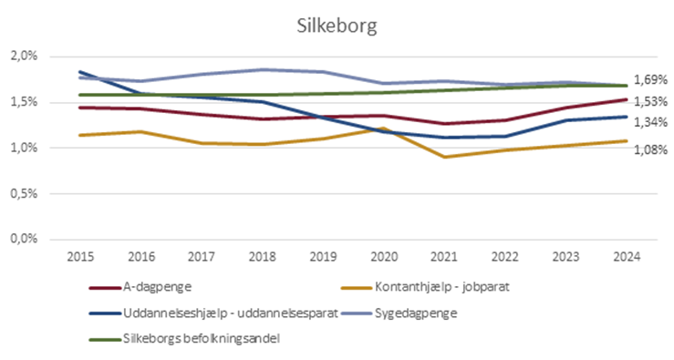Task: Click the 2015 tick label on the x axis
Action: (x=78, y=256)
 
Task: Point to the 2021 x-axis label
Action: (x=444, y=256)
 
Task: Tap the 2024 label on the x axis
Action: (x=626, y=256)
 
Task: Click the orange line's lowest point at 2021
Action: (x=444, y=157)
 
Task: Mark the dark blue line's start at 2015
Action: (x=80, y=72)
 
